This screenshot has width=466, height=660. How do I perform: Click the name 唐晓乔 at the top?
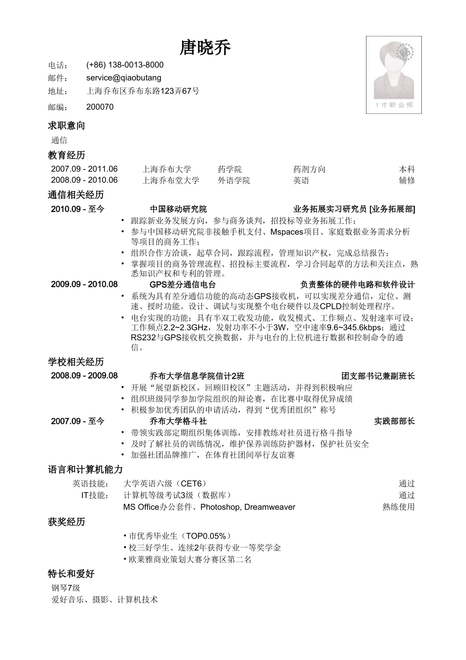click(206, 48)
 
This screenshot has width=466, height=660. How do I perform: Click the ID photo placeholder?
click(393, 75)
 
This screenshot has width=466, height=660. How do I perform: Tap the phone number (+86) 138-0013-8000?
click(125, 65)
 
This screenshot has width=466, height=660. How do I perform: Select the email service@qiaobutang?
click(124, 78)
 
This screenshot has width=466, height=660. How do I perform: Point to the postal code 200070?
click(100, 107)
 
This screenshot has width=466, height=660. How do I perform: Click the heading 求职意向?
click(66, 126)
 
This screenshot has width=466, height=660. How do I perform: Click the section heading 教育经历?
click(66, 155)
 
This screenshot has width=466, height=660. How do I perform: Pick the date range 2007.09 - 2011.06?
click(84, 169)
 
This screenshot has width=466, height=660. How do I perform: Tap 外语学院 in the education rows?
click(233, 180)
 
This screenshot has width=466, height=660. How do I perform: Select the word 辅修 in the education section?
click(407, 180)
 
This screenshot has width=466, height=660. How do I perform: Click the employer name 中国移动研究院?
click(178, 209)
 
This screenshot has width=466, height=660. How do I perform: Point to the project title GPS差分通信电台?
click(182, 284)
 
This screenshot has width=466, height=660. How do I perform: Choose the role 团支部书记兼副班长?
click(378, 376)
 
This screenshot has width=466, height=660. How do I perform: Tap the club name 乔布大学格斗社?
click(178, 421)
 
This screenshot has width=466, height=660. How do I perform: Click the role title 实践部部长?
click(394, 421)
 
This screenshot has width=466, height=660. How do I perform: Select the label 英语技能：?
click(91, 483)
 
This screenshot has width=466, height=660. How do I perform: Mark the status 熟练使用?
click(398, 507)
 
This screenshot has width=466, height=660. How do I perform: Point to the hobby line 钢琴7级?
click(66, 588)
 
